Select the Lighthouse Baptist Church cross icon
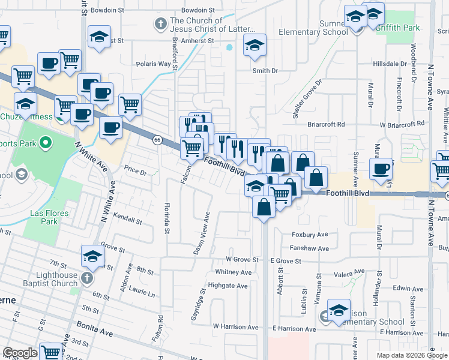point(86,278)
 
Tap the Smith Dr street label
point(265,71)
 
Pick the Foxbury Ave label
point(310,235)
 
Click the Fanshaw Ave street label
point(310,248)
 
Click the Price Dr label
point(135,172)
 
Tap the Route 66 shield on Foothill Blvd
point(157,140)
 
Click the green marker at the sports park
point(44,143)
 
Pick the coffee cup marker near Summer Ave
point(381,169)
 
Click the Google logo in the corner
point(20,353)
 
